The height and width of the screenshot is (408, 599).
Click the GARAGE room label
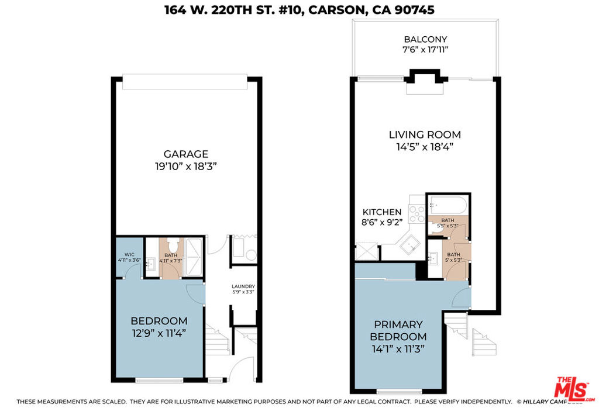[x=185, y=154]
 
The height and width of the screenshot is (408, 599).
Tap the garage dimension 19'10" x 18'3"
[x=185, y=166]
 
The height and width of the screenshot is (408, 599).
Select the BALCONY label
[x=425, y=39]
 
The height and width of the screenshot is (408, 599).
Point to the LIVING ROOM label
[x=425, y=135]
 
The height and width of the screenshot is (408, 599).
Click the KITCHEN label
[x=381, y=212]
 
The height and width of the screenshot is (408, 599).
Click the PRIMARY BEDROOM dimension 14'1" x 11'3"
[x=398, y=349]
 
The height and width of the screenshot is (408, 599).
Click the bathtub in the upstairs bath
[x=447, y=205]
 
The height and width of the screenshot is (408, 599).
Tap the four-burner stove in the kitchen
[x=416, y=215]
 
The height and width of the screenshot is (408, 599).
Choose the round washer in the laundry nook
[x=251, y=255]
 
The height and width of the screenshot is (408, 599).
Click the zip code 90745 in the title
[x=415, y=11]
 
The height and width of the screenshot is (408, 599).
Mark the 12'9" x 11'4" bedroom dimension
[x=159, y=333]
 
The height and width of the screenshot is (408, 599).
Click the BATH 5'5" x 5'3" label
[x=447, y=223]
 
